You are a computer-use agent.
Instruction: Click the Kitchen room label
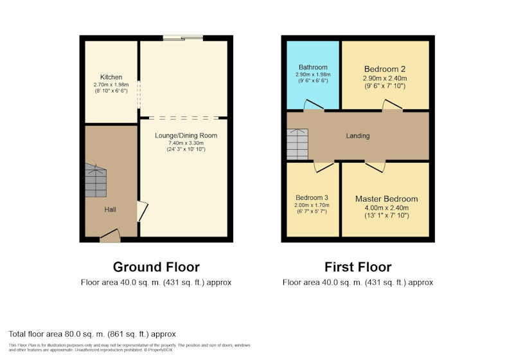tap(111, 77)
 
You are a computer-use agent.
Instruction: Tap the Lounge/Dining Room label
tap(186, 136)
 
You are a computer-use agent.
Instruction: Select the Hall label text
tap(110, 210)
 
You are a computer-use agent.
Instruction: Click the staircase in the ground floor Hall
tap(96, 181)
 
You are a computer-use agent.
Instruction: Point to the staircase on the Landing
tap(297, 144)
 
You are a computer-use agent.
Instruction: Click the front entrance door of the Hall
tap(110, 236)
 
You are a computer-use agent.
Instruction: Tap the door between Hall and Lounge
tap(142, 211)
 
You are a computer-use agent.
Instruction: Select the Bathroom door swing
tap(314, 105)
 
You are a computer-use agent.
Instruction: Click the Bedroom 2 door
tap(393, 105)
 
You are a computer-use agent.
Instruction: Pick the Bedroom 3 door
tap(324, 166)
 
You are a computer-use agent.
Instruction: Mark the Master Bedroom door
tap(375, 166)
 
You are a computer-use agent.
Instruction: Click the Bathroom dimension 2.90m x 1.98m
tap(313, 75)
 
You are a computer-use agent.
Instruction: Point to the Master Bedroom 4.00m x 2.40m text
tap(387, 208)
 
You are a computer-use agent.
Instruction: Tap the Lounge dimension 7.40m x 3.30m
tap(186, 143)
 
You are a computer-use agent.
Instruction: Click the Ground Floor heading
tap(156, 267)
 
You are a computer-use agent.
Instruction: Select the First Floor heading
tap(358, 267)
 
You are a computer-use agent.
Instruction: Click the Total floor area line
tap(92, 334)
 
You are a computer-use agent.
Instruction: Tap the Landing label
tap(358, 136)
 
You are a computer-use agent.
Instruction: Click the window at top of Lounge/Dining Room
tap(183, 38)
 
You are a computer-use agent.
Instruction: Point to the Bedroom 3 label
tap(312, 197)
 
